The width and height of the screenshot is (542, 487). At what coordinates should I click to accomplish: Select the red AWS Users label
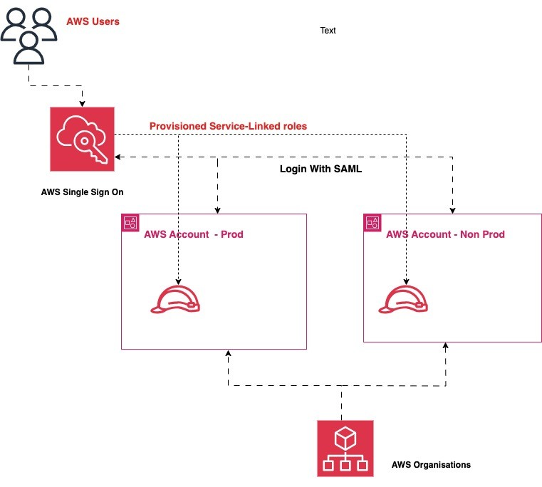point(93,21)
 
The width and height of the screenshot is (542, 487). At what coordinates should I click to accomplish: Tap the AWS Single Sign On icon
point(82,139)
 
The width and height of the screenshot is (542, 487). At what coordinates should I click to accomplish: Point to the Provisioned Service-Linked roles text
point(228,126)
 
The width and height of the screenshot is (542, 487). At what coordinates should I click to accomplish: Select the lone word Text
point(328,31)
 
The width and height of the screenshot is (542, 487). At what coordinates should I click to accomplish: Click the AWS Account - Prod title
point(194,234)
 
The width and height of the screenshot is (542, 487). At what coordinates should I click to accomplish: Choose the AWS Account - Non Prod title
point(446,234)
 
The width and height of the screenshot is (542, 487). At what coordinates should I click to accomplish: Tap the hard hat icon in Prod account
point(175,299)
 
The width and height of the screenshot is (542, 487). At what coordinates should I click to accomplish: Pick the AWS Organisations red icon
point(345,448)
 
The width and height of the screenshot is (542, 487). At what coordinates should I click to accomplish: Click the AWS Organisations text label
point(431,465)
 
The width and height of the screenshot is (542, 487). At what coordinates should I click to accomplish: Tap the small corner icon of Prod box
point(130,222)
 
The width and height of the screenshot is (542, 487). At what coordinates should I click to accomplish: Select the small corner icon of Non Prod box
point(372,222)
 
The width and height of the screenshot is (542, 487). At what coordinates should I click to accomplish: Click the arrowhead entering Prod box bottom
point(229,353)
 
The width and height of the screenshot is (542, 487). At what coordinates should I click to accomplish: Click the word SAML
point(350,171)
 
